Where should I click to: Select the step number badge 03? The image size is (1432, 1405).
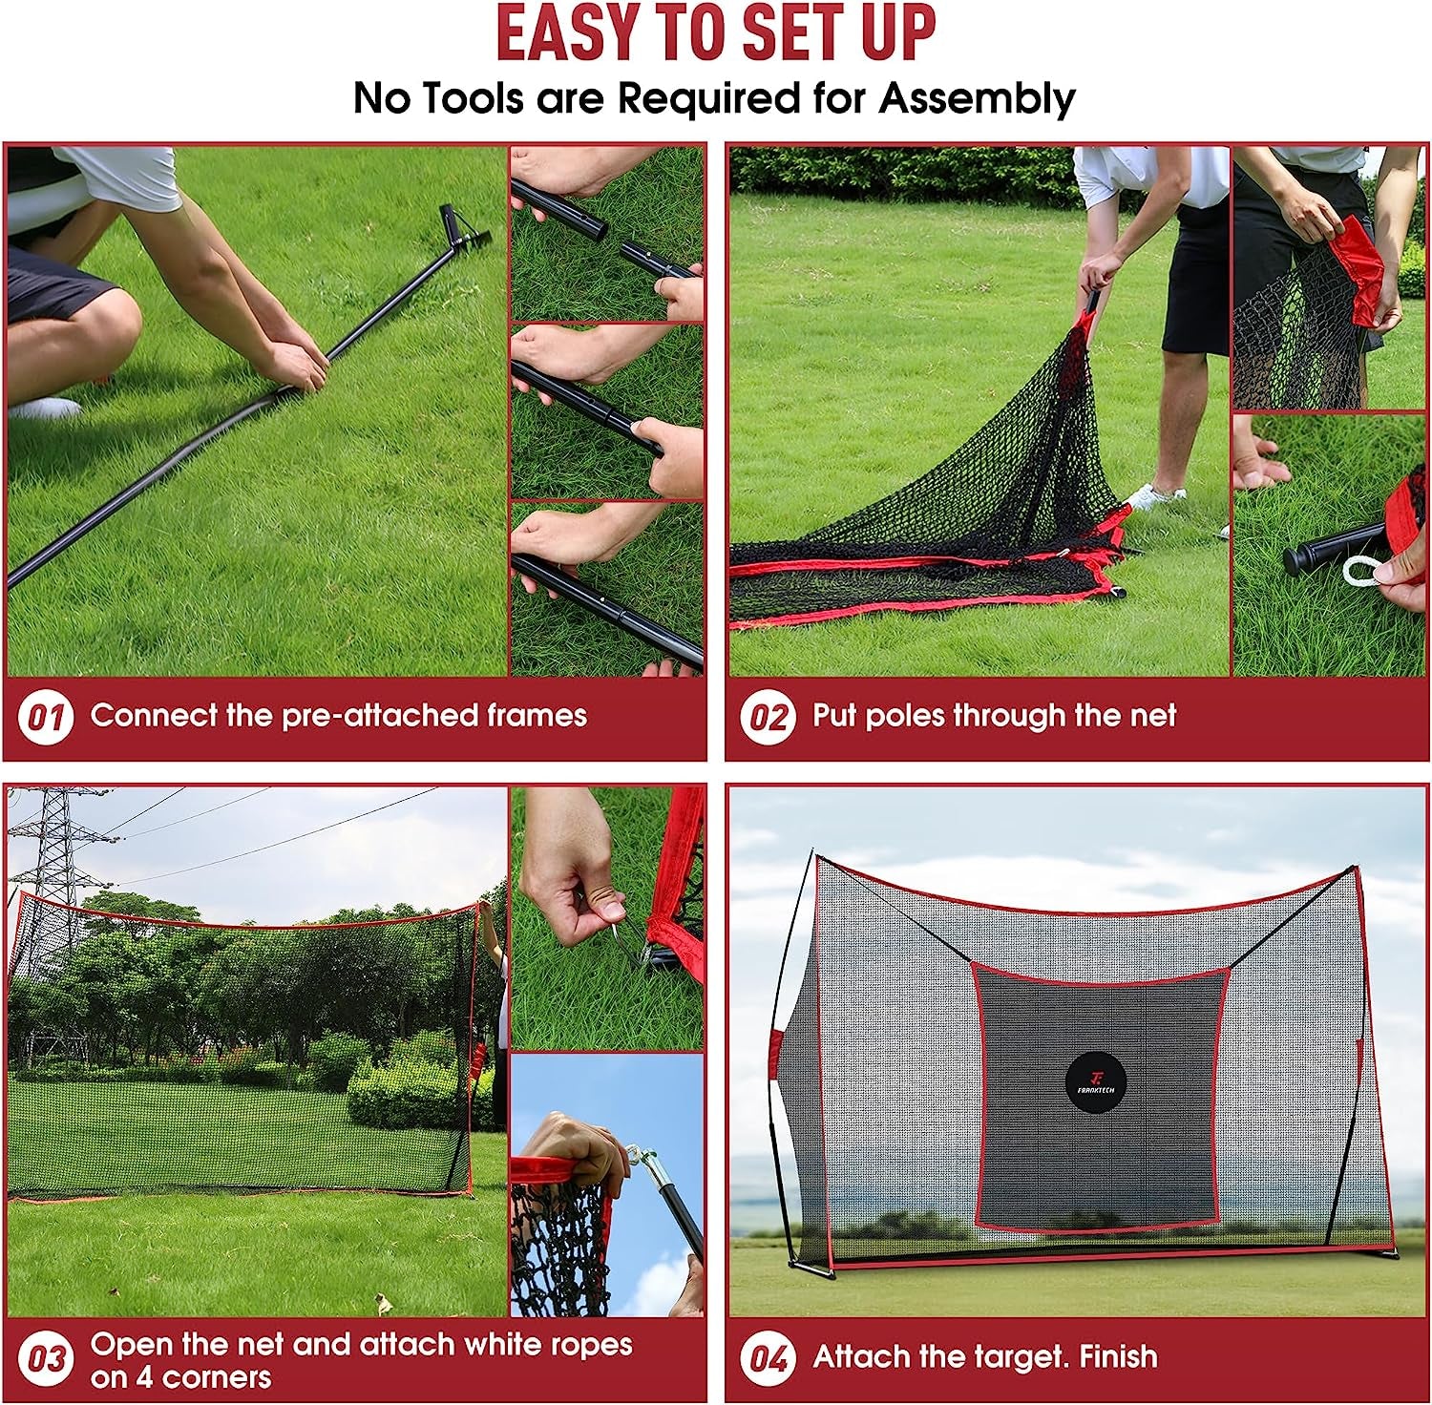(45, 1359)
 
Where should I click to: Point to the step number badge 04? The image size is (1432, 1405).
(768, 1358)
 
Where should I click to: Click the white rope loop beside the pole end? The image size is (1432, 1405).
(1361, 572)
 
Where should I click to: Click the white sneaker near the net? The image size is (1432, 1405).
(1155, 496)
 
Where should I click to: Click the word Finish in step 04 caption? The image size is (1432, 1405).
(1115, 1356)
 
